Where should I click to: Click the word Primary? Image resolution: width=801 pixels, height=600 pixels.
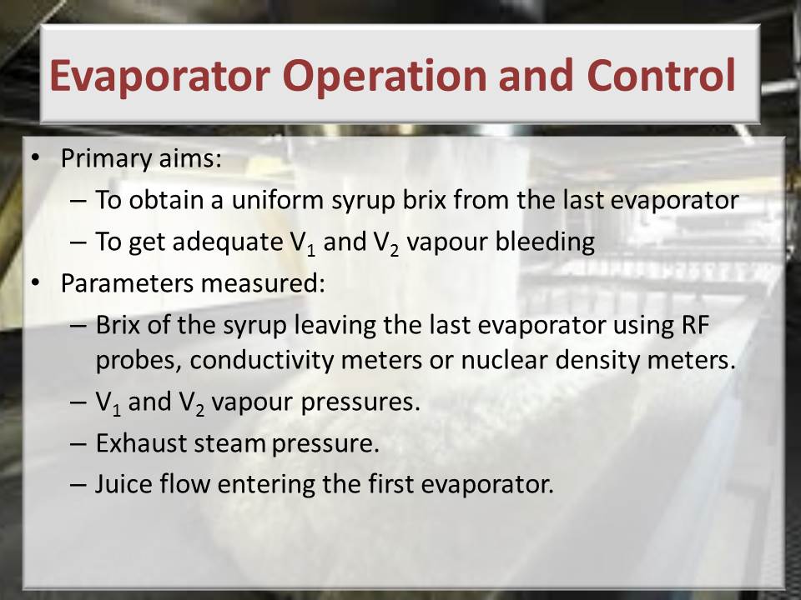106,158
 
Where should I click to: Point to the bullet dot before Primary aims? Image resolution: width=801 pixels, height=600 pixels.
35,157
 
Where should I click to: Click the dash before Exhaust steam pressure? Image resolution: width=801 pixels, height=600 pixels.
78,444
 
